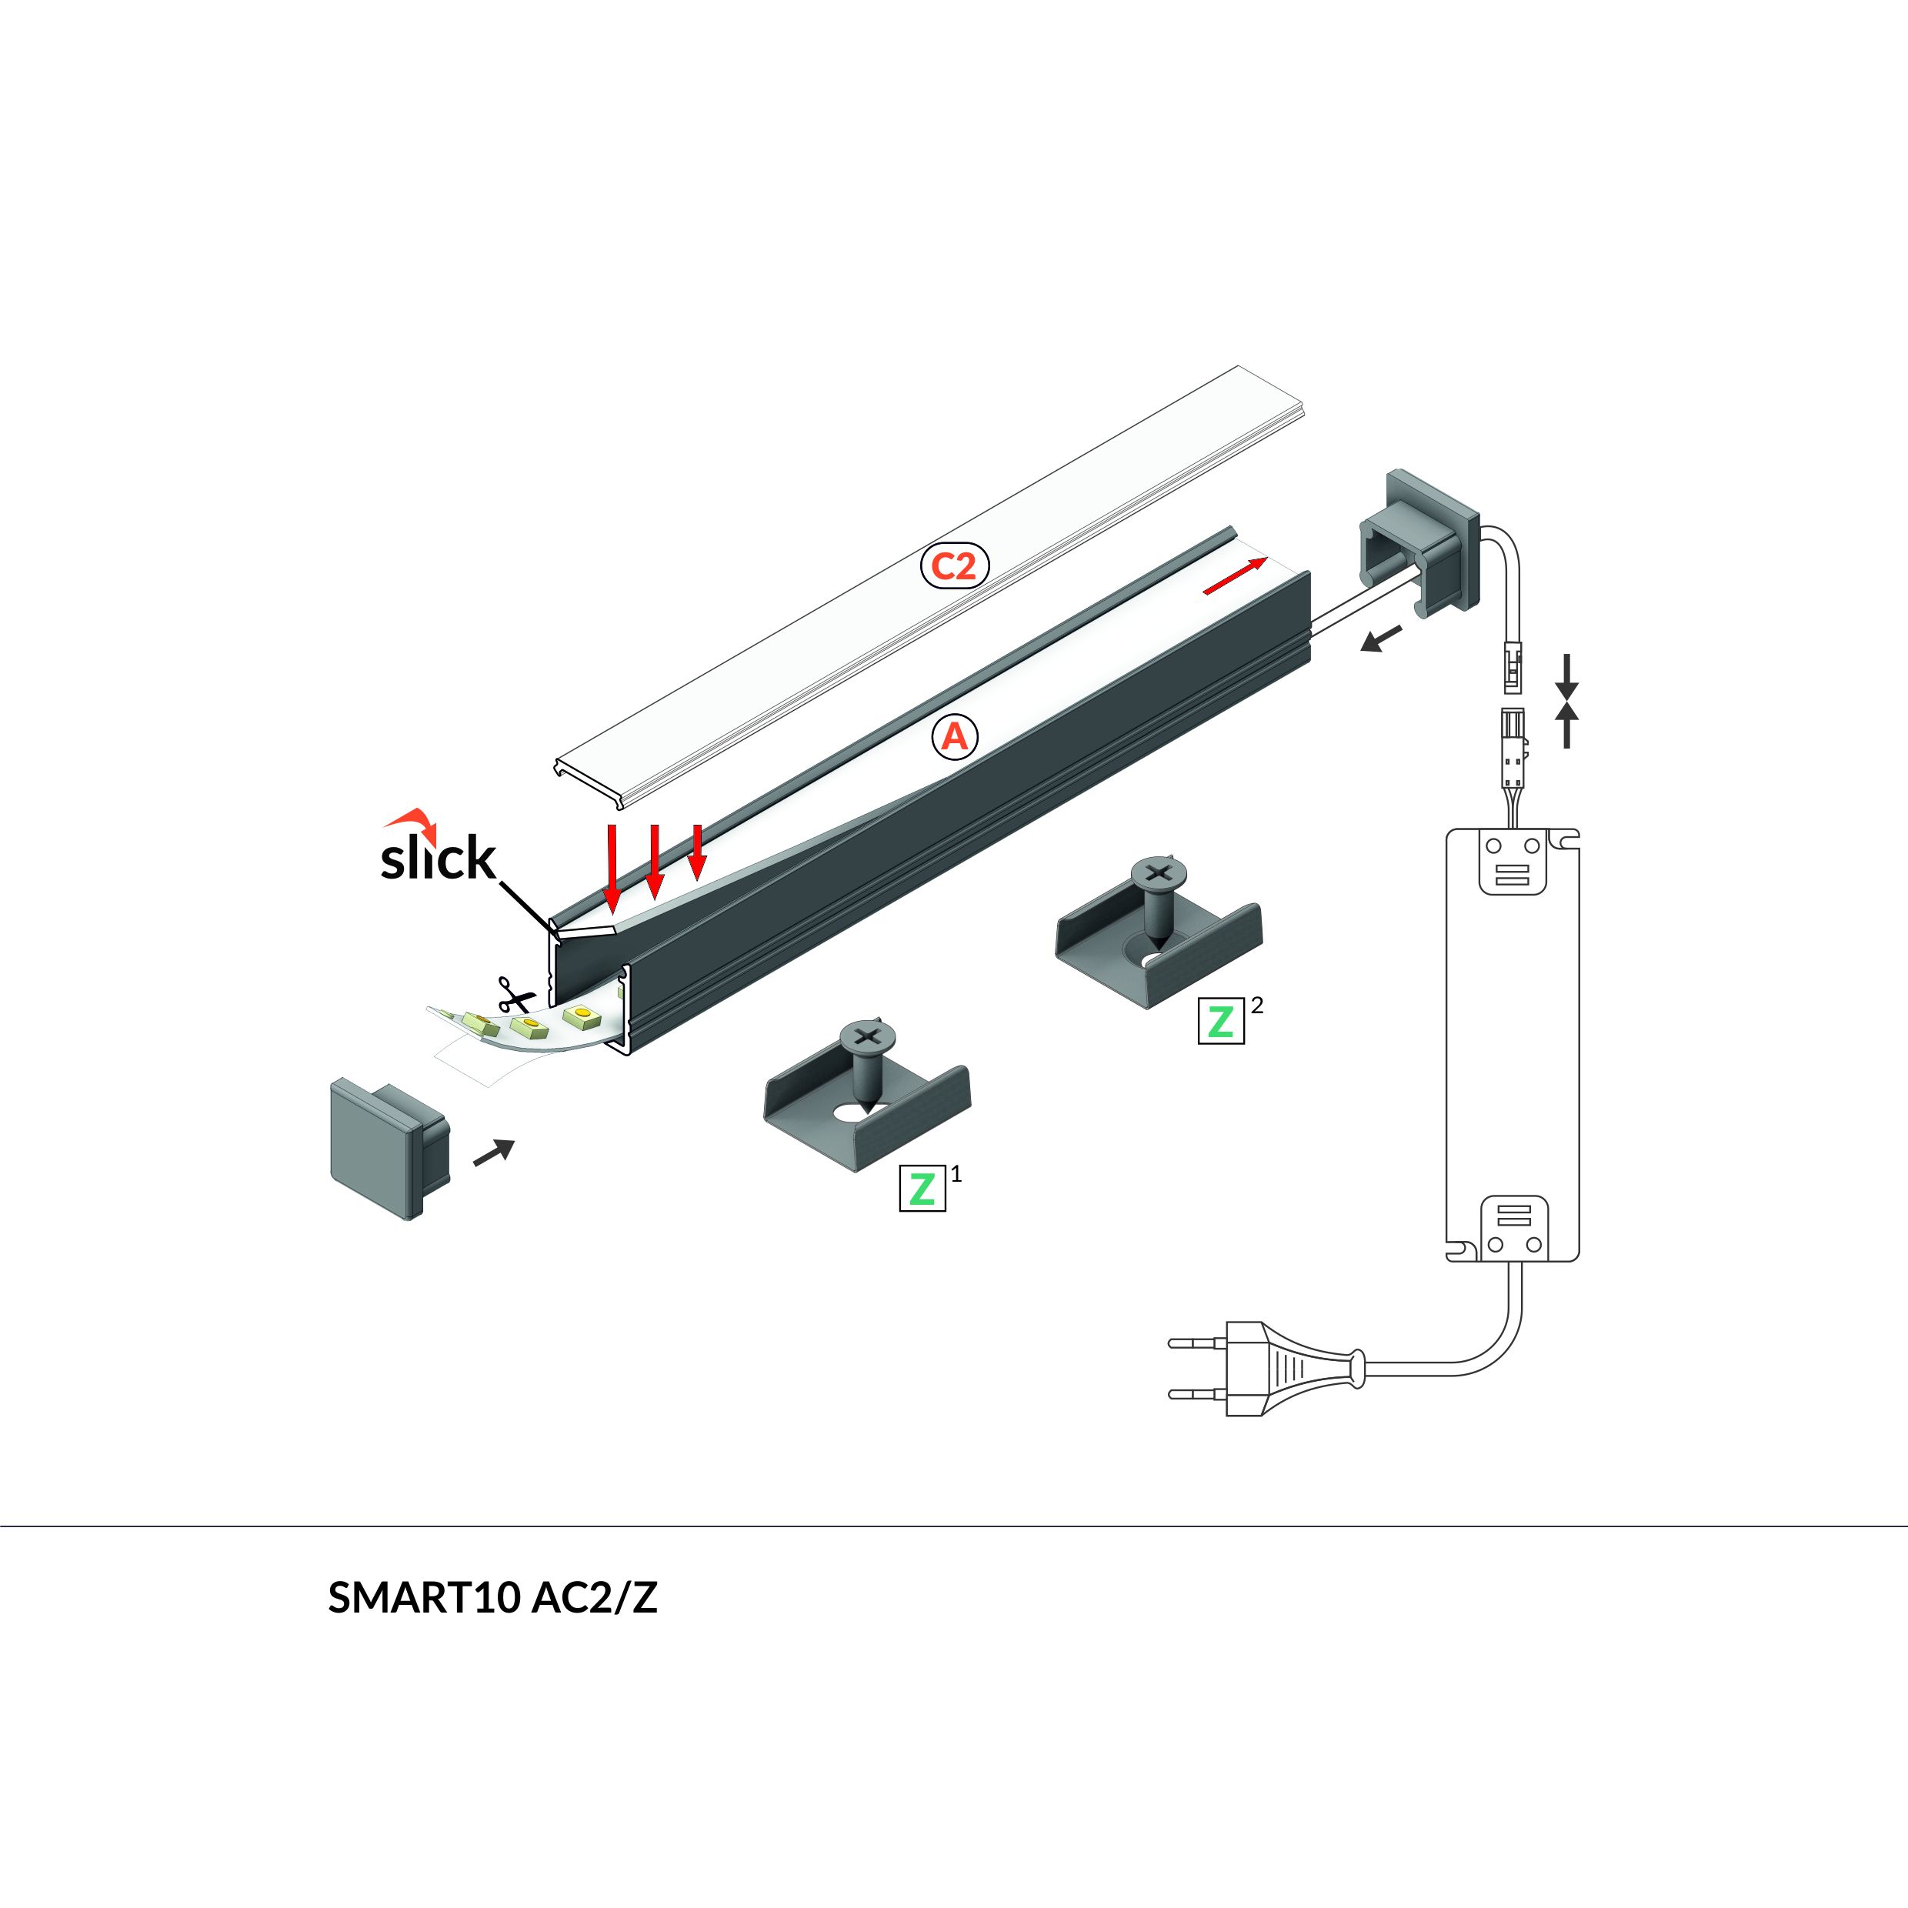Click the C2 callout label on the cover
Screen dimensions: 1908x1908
(954, 566)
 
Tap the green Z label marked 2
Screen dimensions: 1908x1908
(1221, 1020)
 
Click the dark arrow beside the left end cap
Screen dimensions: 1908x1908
(495, 1152)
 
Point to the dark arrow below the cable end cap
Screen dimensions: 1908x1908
(1381, 639)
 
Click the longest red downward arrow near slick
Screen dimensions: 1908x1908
(612, 867)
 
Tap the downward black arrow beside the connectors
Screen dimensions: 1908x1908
(1566, 676)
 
